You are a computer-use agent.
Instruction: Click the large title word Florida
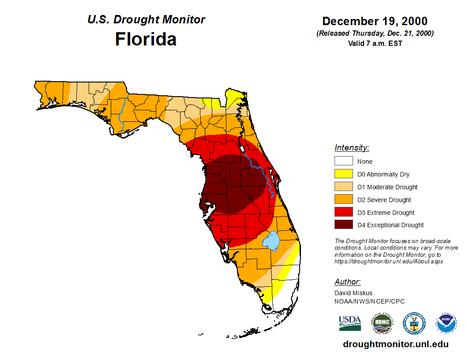[x=146, y=39]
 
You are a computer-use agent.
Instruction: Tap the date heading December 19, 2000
[x=375, y=21]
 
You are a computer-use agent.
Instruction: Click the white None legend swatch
[x=343, y=161]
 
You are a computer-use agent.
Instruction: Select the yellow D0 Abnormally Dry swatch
[x=343, y=174]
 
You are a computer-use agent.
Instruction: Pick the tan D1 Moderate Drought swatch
[x=343, y=187]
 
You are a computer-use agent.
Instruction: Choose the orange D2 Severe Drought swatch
[x=343, y=200]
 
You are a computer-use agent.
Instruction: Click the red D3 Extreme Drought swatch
[x=343, y=213]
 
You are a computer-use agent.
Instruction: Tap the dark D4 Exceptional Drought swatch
[x=343, y=225]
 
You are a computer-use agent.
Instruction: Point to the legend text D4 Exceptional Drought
[x=391, y=225]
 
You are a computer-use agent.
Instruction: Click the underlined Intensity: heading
[x=352, y=148]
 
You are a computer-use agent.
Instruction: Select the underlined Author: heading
[x=348, y=282]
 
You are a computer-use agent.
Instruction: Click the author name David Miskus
[x=353, y=293]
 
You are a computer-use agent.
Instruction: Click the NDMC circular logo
[x=382, y=323]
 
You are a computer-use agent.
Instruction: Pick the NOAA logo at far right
[x=446, y=323]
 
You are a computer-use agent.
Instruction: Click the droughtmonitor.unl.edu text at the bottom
[x=395, y=345]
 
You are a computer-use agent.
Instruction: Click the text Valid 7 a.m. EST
[x=375, y=43]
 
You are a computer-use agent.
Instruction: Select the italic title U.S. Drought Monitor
[x=146, y=20]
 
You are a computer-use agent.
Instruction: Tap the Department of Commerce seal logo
[x=414, y=323]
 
